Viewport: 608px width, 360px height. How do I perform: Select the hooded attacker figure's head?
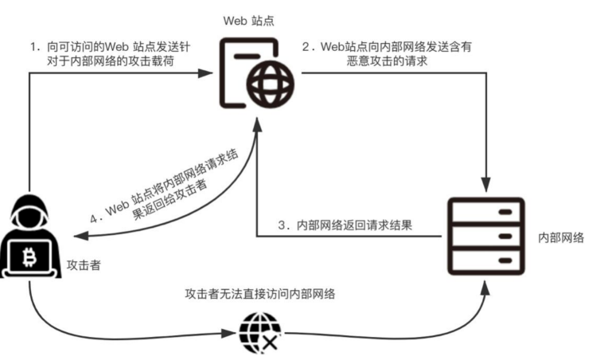(30, 213)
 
